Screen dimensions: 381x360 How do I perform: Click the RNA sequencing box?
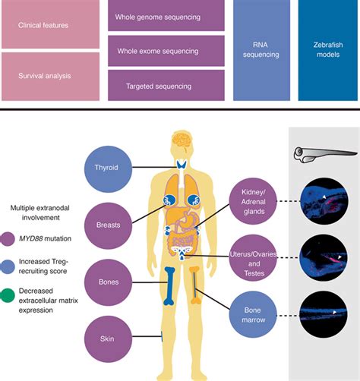tap(261, 51)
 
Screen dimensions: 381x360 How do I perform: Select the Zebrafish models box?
tap(328, 51)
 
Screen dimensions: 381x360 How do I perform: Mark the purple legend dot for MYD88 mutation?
tap(8, 241)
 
